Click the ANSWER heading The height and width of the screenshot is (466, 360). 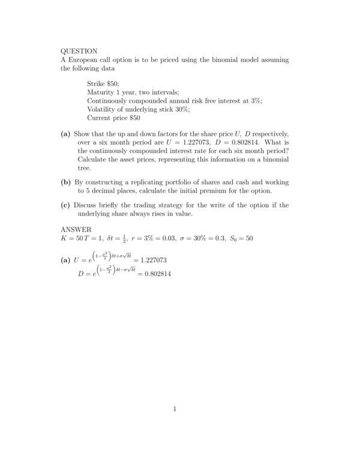coord(76,229)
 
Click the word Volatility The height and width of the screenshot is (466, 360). coord(104,110)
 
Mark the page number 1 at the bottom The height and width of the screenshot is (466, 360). coord(175,410)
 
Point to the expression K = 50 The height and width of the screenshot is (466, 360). coord(74,238)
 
